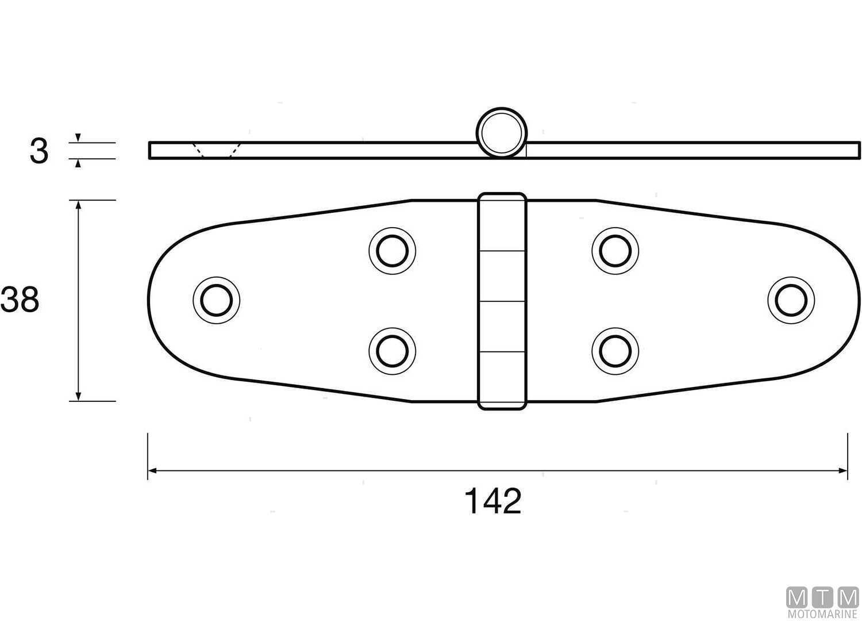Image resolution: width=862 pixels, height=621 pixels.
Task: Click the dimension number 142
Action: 493,501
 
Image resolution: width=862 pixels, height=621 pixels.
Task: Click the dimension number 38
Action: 20,300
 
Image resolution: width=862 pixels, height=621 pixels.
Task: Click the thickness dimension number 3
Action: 39,152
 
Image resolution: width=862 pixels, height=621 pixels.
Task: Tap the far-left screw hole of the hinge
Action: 217,300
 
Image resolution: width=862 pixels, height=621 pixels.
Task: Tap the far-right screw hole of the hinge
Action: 791,300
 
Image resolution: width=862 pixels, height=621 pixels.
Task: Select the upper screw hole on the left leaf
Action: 392,251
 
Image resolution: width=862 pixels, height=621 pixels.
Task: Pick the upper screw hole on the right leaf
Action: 615,251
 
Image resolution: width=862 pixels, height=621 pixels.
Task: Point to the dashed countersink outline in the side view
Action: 216,151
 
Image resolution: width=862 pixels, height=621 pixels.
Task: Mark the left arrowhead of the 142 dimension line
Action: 152,471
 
